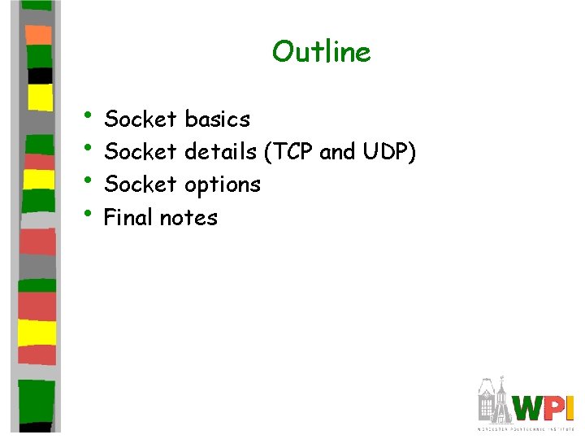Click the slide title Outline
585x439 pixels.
[321, 52]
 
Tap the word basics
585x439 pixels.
[217, 120]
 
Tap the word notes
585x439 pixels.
[188, 218]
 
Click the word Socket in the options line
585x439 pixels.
[141, 185]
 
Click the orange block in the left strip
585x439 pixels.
[38, 34]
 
